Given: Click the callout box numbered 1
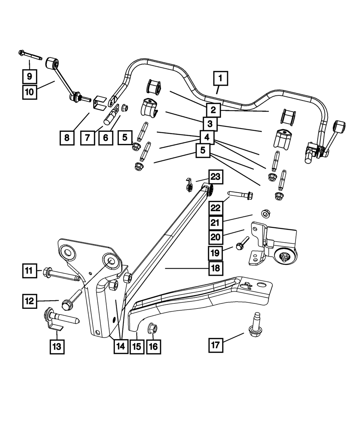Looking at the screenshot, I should click(221, 78).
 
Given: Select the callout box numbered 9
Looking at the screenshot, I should click(29, 76).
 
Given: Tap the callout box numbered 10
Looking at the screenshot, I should click(29, 92).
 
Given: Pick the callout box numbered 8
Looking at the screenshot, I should click(67, 137).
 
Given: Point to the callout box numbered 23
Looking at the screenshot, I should click(215, 177).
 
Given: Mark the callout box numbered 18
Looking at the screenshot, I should click(215, 268).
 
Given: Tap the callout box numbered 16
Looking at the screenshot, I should click(153, 347).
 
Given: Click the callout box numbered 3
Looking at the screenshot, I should click(210, 124).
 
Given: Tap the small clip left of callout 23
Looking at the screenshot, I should click(188, 184).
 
